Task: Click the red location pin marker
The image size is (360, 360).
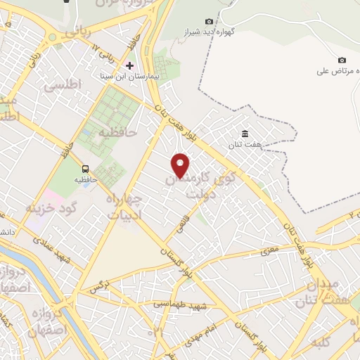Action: pos(181,164)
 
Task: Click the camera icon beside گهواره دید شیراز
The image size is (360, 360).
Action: pos(208,22)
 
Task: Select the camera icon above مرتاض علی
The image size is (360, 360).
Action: pos(342,60)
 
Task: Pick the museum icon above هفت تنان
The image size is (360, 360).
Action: pos(245,134)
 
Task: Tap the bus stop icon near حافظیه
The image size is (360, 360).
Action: pos(85,169)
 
